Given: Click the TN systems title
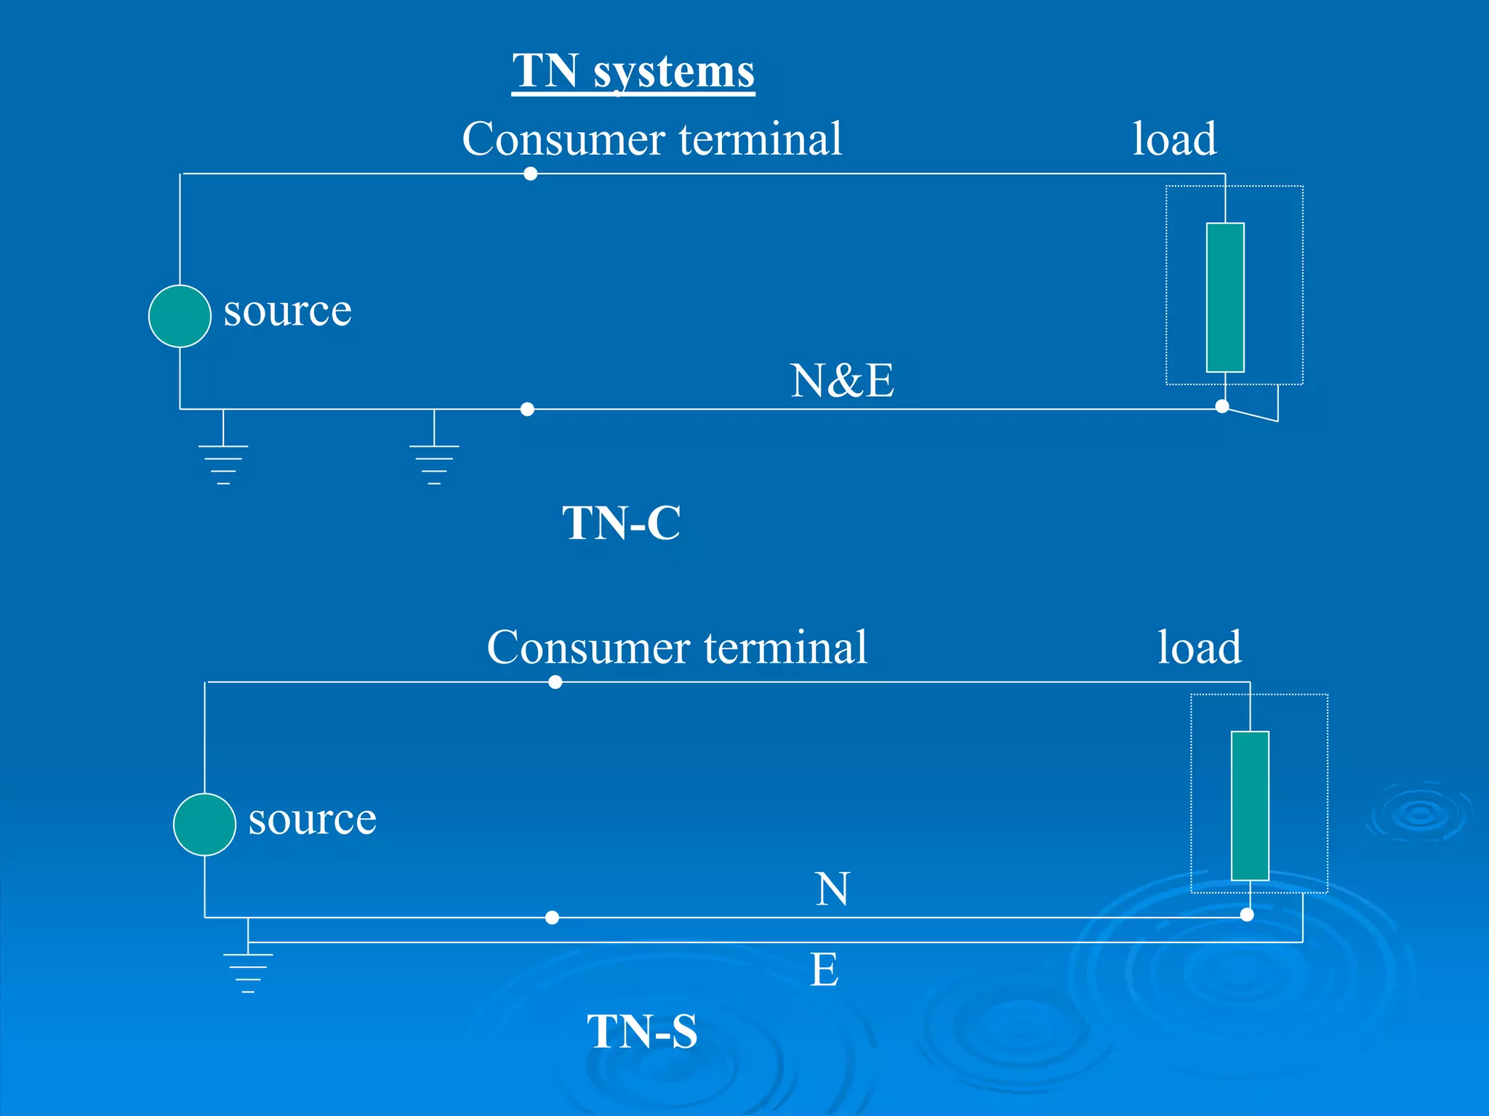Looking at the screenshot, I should tap(633, 71).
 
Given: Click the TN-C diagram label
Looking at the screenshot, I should tap(622, 523).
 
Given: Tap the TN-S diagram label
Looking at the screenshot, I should tap(642, 1032).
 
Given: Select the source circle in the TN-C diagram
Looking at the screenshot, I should tap(180, 316).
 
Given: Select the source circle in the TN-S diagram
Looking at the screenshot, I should tap(204, 825).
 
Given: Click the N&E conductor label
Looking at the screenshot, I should tap(842, 381).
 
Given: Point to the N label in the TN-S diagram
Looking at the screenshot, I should tap(832, 889).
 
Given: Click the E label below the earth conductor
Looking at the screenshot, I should tap(824, 970).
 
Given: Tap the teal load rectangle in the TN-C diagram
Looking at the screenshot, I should tap(1225, 297).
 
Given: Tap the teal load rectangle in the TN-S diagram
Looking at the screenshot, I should tap(1250, 806).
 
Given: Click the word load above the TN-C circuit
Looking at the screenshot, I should tap(1174, 139).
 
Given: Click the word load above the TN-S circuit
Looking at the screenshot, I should tap(1199, 647).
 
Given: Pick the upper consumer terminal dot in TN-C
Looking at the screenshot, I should tap(531, 174).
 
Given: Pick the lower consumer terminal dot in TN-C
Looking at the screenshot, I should tap(528, 409).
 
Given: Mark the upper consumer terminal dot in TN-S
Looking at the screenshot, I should tap(555, 682).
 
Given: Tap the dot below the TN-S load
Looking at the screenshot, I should tap(1247, 915).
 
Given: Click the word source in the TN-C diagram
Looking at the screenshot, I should tap(287, 311).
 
